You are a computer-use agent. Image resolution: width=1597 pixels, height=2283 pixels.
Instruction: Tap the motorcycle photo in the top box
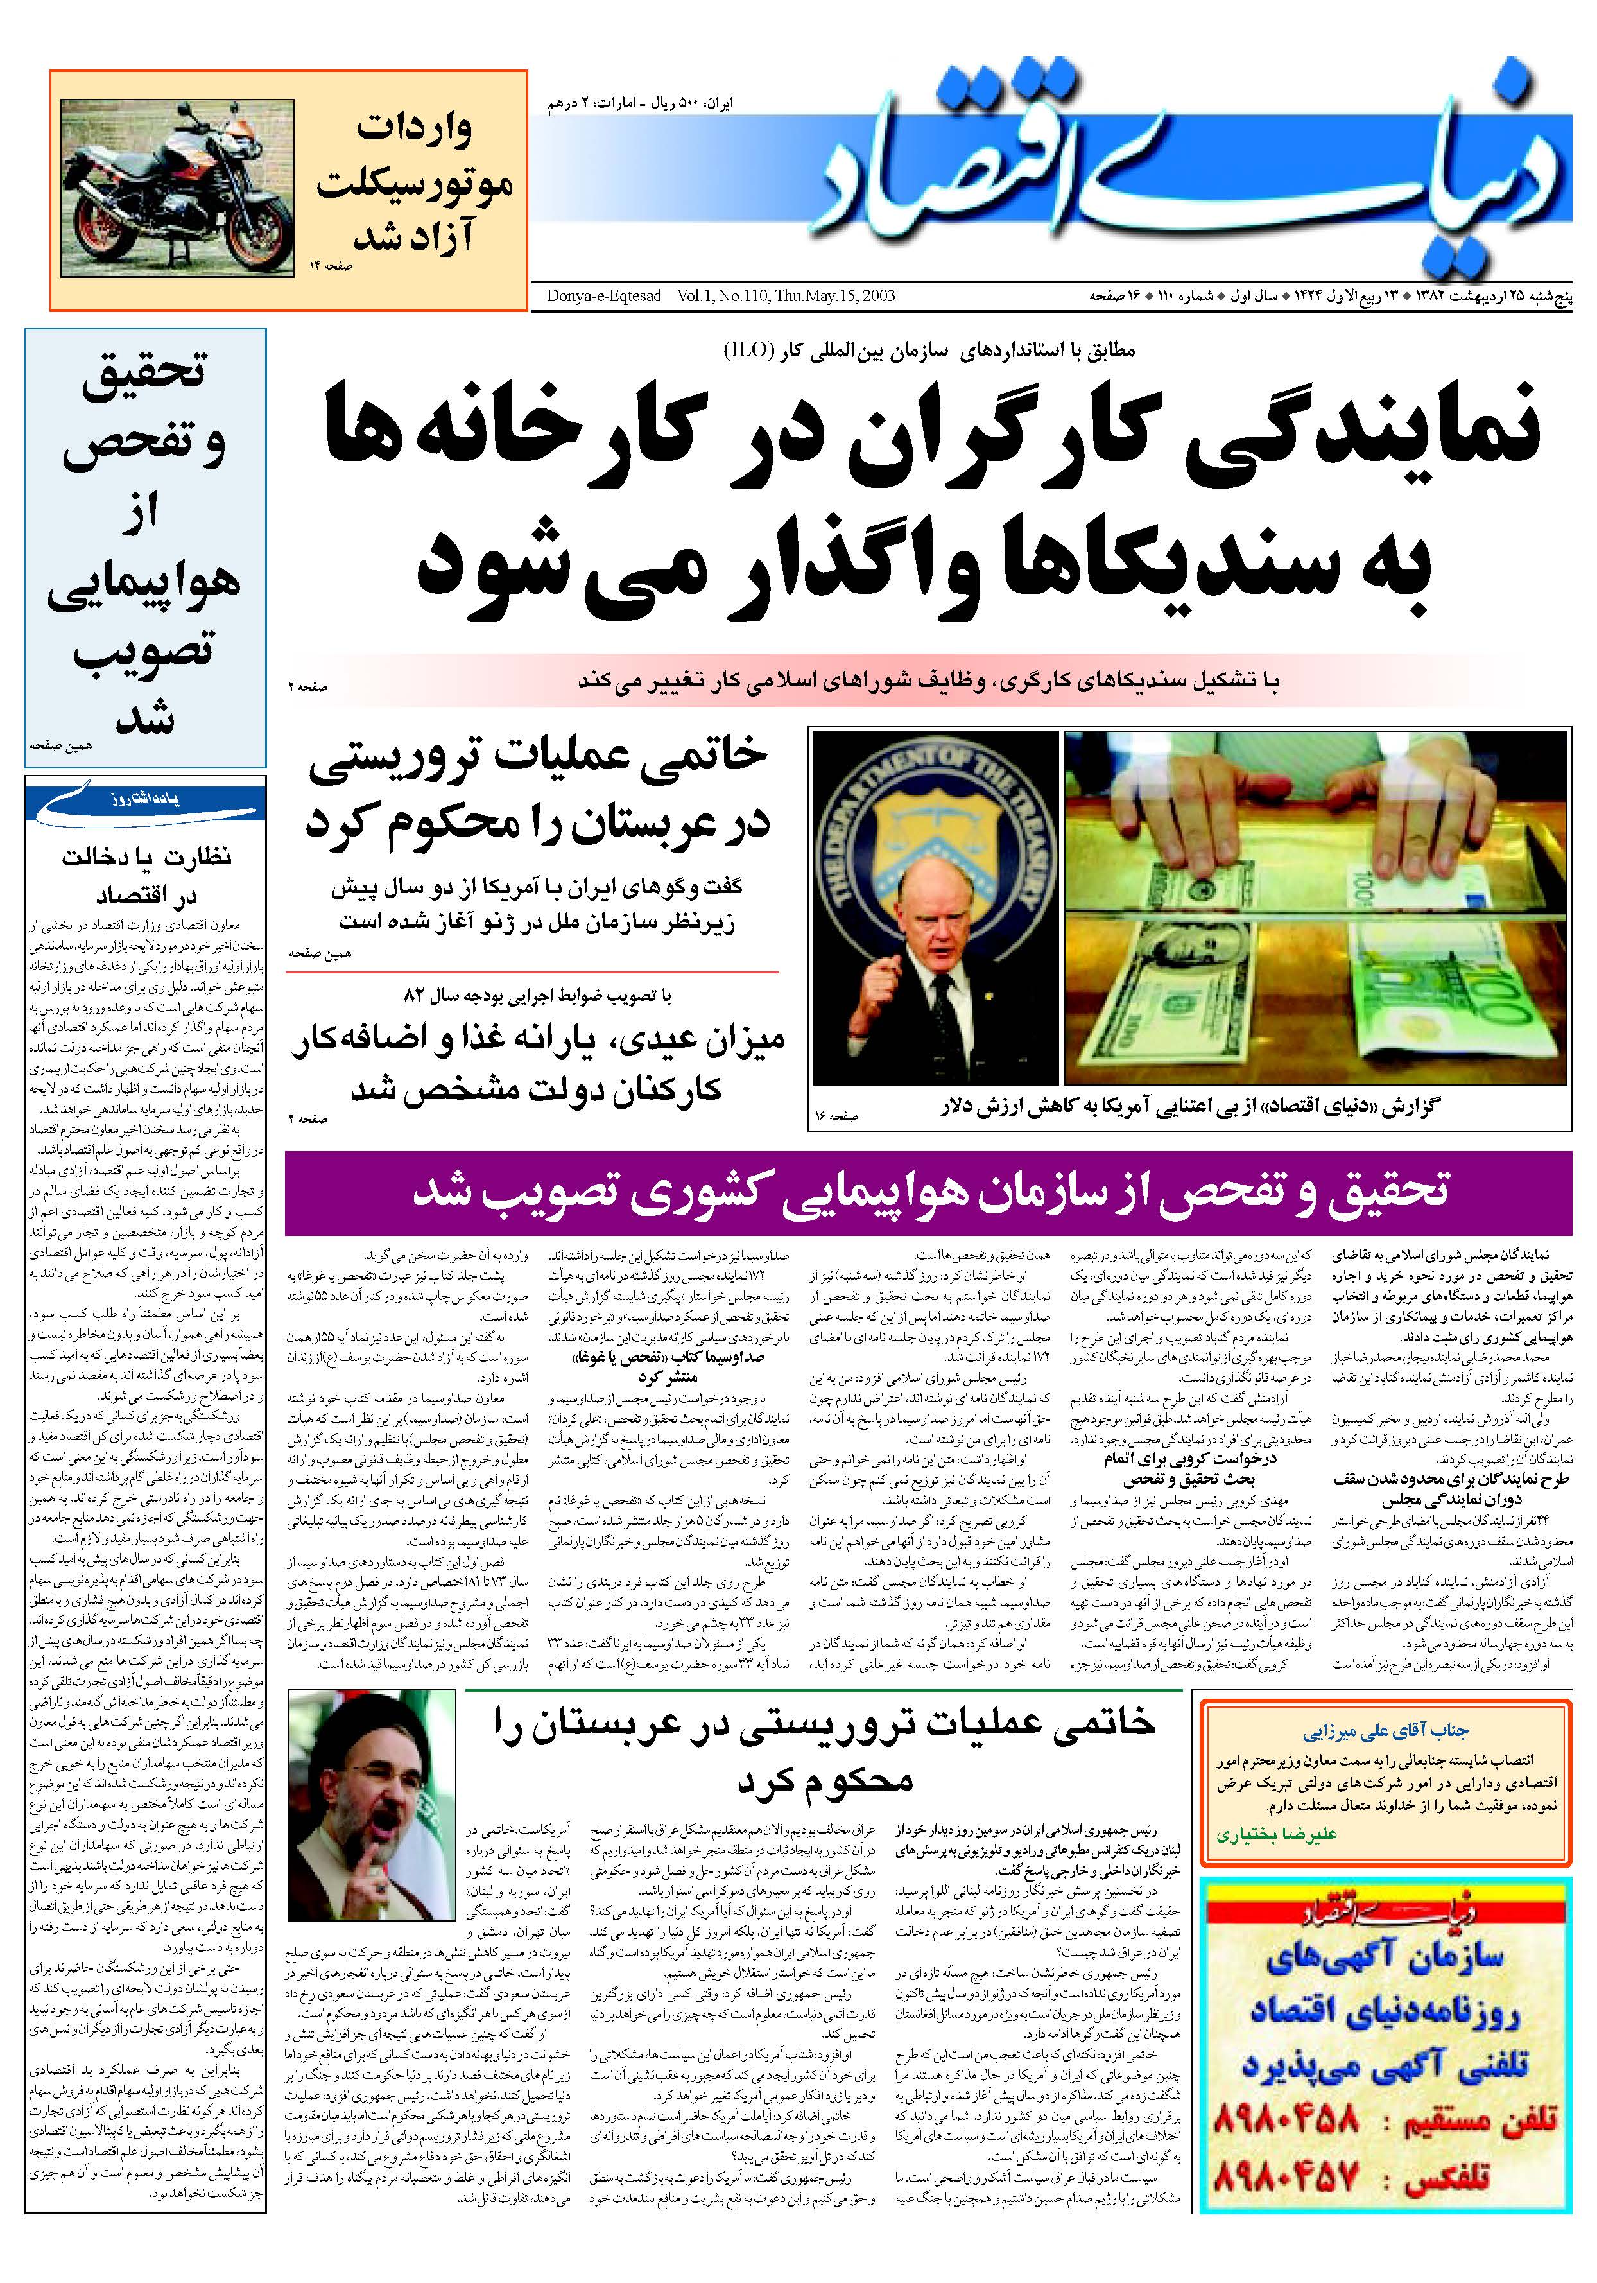point(177,189)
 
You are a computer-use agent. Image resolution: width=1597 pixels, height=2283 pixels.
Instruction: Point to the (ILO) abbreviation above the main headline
point(760,349)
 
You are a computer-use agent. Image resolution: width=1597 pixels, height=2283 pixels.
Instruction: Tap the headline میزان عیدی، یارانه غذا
point(537,1062)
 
